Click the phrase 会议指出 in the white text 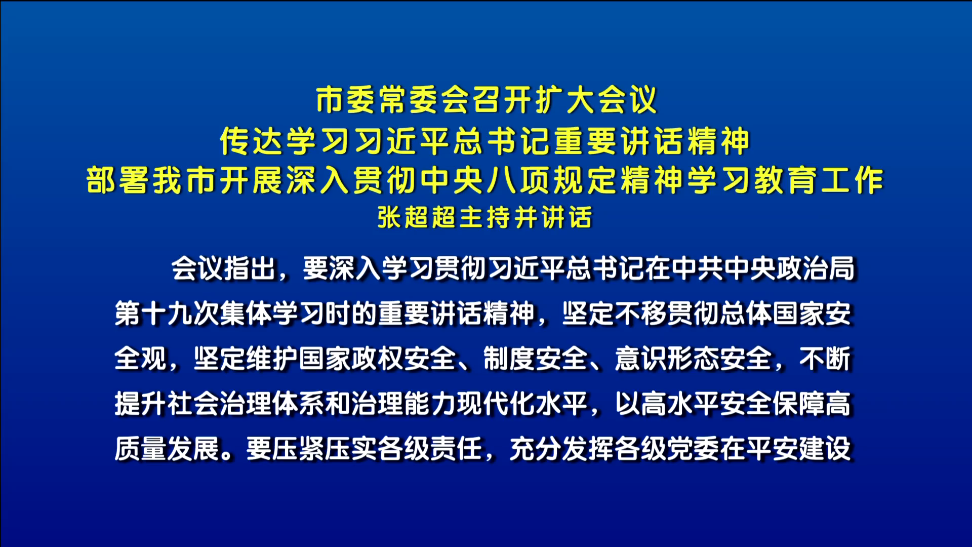tap(223, 268)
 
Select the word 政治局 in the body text tap(816, 268)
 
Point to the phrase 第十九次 tap(167, 314)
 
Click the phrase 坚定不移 tap(615, 314)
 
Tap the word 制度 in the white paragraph tap(509, 359)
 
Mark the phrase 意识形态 tap(667, 359)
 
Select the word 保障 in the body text tap(799, 404)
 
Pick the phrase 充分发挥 tap(562, 449)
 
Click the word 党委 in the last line tap(694, 449)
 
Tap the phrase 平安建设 tap(799, 449)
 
